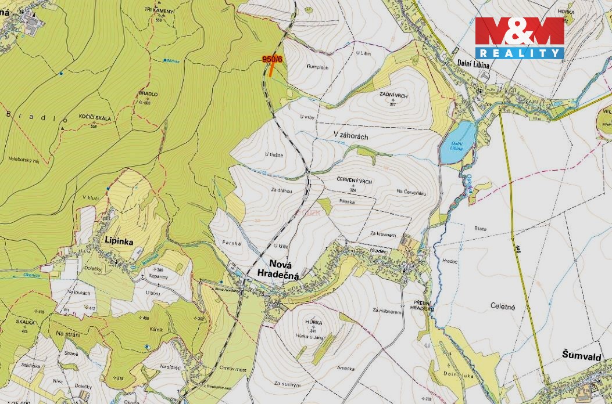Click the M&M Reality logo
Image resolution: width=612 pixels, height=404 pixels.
[x=520, y=38]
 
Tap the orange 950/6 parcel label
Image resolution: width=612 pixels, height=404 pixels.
[x=272, y=59]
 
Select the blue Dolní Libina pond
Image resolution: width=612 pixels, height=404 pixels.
[x=459, y=142]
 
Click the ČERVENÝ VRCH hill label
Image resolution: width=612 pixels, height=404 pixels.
[x=354, y=182]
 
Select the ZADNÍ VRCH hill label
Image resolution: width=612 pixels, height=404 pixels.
[x=392, y=95]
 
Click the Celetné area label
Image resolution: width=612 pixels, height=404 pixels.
[x=503, y=306]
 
